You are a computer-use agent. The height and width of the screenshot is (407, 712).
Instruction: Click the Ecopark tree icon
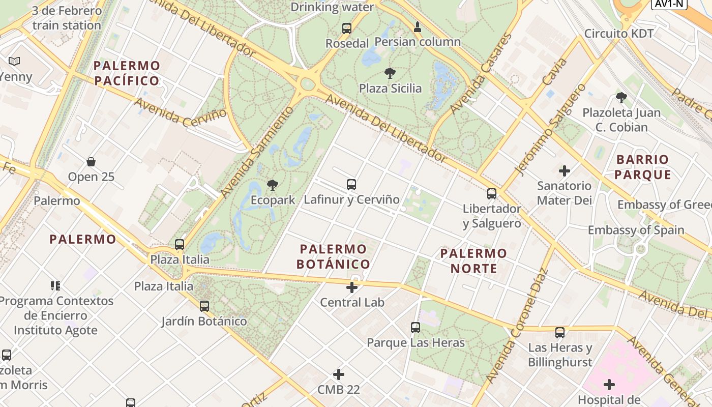[273, 185]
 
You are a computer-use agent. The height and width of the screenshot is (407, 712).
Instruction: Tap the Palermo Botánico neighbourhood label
[333, 256]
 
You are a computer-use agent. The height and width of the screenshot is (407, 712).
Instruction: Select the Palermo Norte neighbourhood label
[473, 260]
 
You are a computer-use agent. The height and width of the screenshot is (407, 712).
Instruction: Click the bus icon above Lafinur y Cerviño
[351, 185]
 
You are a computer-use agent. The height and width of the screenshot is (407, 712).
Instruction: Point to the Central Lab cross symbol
[351, 287]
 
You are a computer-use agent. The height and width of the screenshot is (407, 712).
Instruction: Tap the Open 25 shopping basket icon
[91, 162]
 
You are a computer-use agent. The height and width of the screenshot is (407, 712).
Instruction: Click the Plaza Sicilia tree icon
[390, 73]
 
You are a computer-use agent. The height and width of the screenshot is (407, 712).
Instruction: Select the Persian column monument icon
[418, 27]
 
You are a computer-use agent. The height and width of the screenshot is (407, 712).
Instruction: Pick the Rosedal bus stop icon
[347, 28]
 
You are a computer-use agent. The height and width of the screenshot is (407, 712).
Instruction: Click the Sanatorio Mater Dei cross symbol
[564, 171]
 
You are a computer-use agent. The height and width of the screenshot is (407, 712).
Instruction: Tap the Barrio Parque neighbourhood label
[642, 167]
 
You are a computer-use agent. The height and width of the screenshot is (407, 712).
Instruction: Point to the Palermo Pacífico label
[127, 73]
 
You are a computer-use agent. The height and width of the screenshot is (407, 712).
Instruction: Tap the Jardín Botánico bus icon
[204, 306]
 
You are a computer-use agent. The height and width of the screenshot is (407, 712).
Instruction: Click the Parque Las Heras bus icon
[416, 328]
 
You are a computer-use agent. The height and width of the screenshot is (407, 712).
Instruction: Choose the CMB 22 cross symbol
[339, 375]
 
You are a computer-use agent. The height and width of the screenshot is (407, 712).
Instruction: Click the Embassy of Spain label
[636, 230]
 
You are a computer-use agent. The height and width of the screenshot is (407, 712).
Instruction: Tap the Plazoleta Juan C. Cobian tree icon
[621, 98]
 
